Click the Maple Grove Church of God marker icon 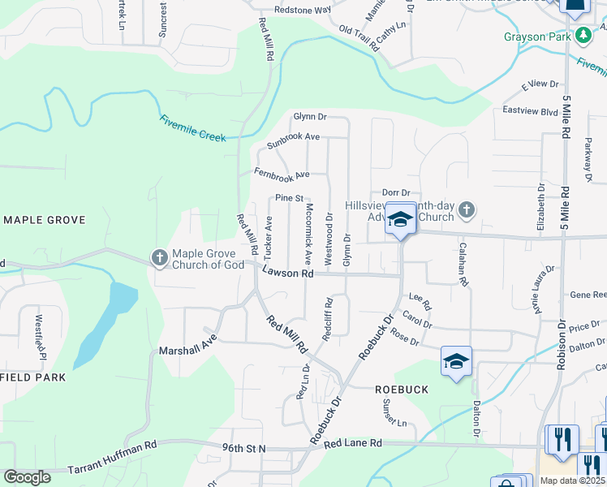point(159,259)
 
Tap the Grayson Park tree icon point(583,36)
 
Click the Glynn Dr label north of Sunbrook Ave point(309,117)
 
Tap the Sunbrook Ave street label point(293,136)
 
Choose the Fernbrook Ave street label point(282,174)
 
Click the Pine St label point(288,198)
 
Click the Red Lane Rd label point(351,444)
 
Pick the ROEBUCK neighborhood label point(401,390)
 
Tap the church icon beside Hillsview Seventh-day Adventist point(466,211)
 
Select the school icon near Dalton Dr point(456,360)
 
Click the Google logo point(28,478)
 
